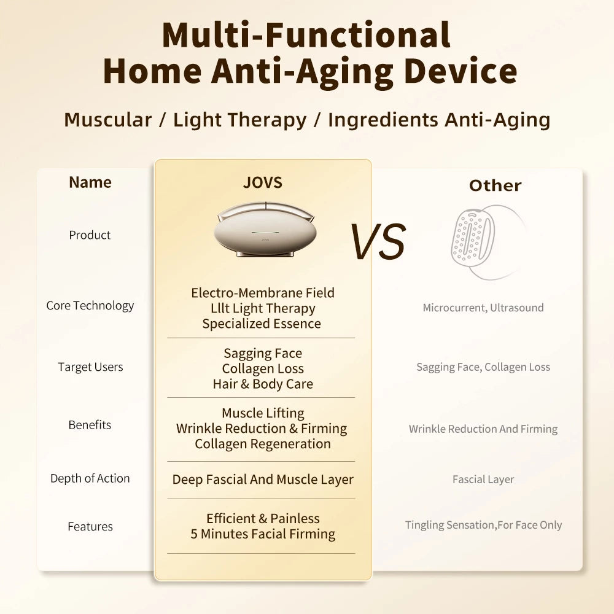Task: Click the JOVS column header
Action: pyautogui.click(x=262, y=182)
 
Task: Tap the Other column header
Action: pyautogui.click(x=495, y=185)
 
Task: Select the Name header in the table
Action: pyautogui.click(x=90, y=182)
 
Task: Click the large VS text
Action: pyautogui.click(x=378, y=241)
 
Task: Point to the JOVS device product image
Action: pyautogui.click(x=264, y=230)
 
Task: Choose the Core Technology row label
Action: pyautogui.click(x=90, y=306)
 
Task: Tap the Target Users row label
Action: pyautogui.click(x=90, y=367)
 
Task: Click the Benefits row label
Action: pyautogui.click(x=90, y=425)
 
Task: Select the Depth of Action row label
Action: pyautogui.click(x=90, y=478)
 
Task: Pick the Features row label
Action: pyautogui.click(x=90, y=527)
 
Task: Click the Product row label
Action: pyautogui.click(x=90, y=235)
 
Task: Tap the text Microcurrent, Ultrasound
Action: pyautogui.click(x=483, y=308)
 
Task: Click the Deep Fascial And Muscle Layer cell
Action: pyautogui.click(x=263, y=480)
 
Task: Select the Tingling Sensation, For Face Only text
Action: pyautogui.click(x=483, y=525)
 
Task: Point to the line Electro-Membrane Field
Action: pyautogui.click(x=263, y=293)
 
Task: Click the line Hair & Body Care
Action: pyautogui.click(x=263, y=384)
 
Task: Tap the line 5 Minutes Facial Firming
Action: pyautogui.click(x=263, y=534)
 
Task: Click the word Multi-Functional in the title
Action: pyautogui.click(x=306, y=35)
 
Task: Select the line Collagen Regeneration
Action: pyautogui.click(x=263, y=444)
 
